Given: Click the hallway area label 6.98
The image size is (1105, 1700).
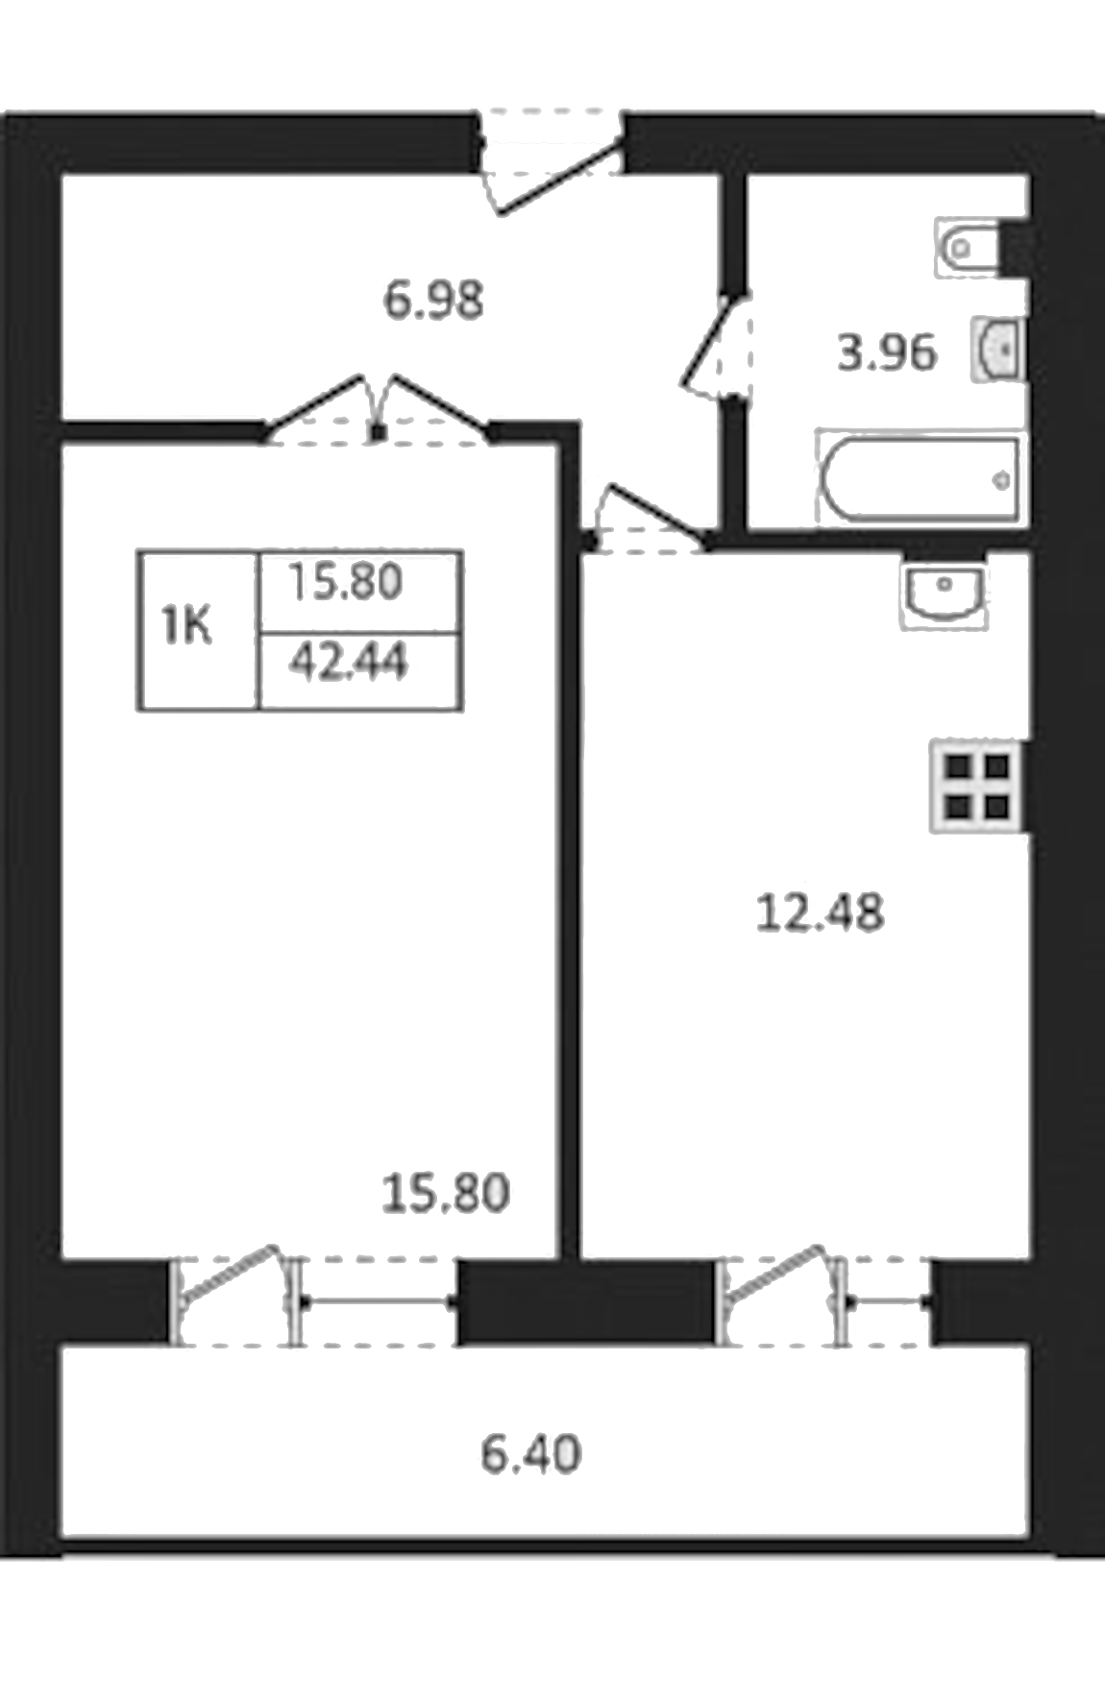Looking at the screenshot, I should coord(432,301).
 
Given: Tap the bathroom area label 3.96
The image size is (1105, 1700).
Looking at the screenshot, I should coord(886,353).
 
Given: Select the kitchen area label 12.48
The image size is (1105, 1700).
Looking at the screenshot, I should coord(820,912).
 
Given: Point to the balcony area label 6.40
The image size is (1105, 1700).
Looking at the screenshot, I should coord(530,1454).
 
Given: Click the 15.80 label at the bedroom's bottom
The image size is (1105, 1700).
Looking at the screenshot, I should coord(445,1194).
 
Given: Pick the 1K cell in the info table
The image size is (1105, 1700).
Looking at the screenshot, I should coord(188,629).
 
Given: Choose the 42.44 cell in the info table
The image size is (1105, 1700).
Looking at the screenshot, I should coord(349,663).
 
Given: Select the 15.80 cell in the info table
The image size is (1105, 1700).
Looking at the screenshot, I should coord(346,582).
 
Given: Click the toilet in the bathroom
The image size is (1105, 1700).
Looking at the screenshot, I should coord(966,248).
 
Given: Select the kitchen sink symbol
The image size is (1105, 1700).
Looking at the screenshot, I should coord(944,593).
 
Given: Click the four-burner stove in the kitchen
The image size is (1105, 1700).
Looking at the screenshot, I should coord(976,786).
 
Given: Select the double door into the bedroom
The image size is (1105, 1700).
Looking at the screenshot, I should coord(378,413).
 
